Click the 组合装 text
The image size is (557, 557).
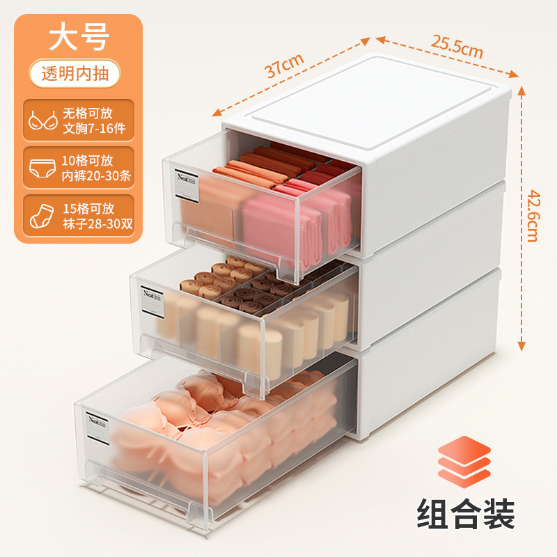tap(466, 516)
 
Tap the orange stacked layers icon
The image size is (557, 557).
tap(464, 460)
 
